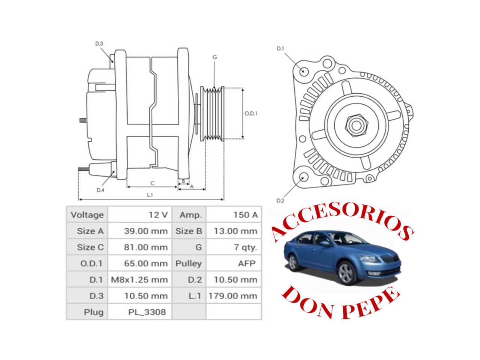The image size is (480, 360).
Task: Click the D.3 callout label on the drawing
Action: click(99, 44)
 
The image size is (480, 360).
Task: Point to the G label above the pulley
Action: click(214, 57)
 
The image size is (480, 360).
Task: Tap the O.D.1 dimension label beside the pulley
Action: click(251, 113)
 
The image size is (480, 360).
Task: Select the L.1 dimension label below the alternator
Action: click(150, 195)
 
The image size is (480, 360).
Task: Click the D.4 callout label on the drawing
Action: click(100, 190)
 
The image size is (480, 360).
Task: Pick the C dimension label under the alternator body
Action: click(152, 183)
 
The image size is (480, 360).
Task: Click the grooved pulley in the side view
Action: click(212, 114)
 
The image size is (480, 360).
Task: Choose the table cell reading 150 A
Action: click(234, 215)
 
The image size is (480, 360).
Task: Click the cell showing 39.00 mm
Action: click(140, 231)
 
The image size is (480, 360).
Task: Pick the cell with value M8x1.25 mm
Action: click(140, 280)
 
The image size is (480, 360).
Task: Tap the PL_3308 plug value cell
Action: click(140, 312)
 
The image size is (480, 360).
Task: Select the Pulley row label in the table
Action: click(189, 264)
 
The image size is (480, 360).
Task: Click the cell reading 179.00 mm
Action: click(234, 296)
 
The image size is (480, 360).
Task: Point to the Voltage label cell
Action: click(87, 215)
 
